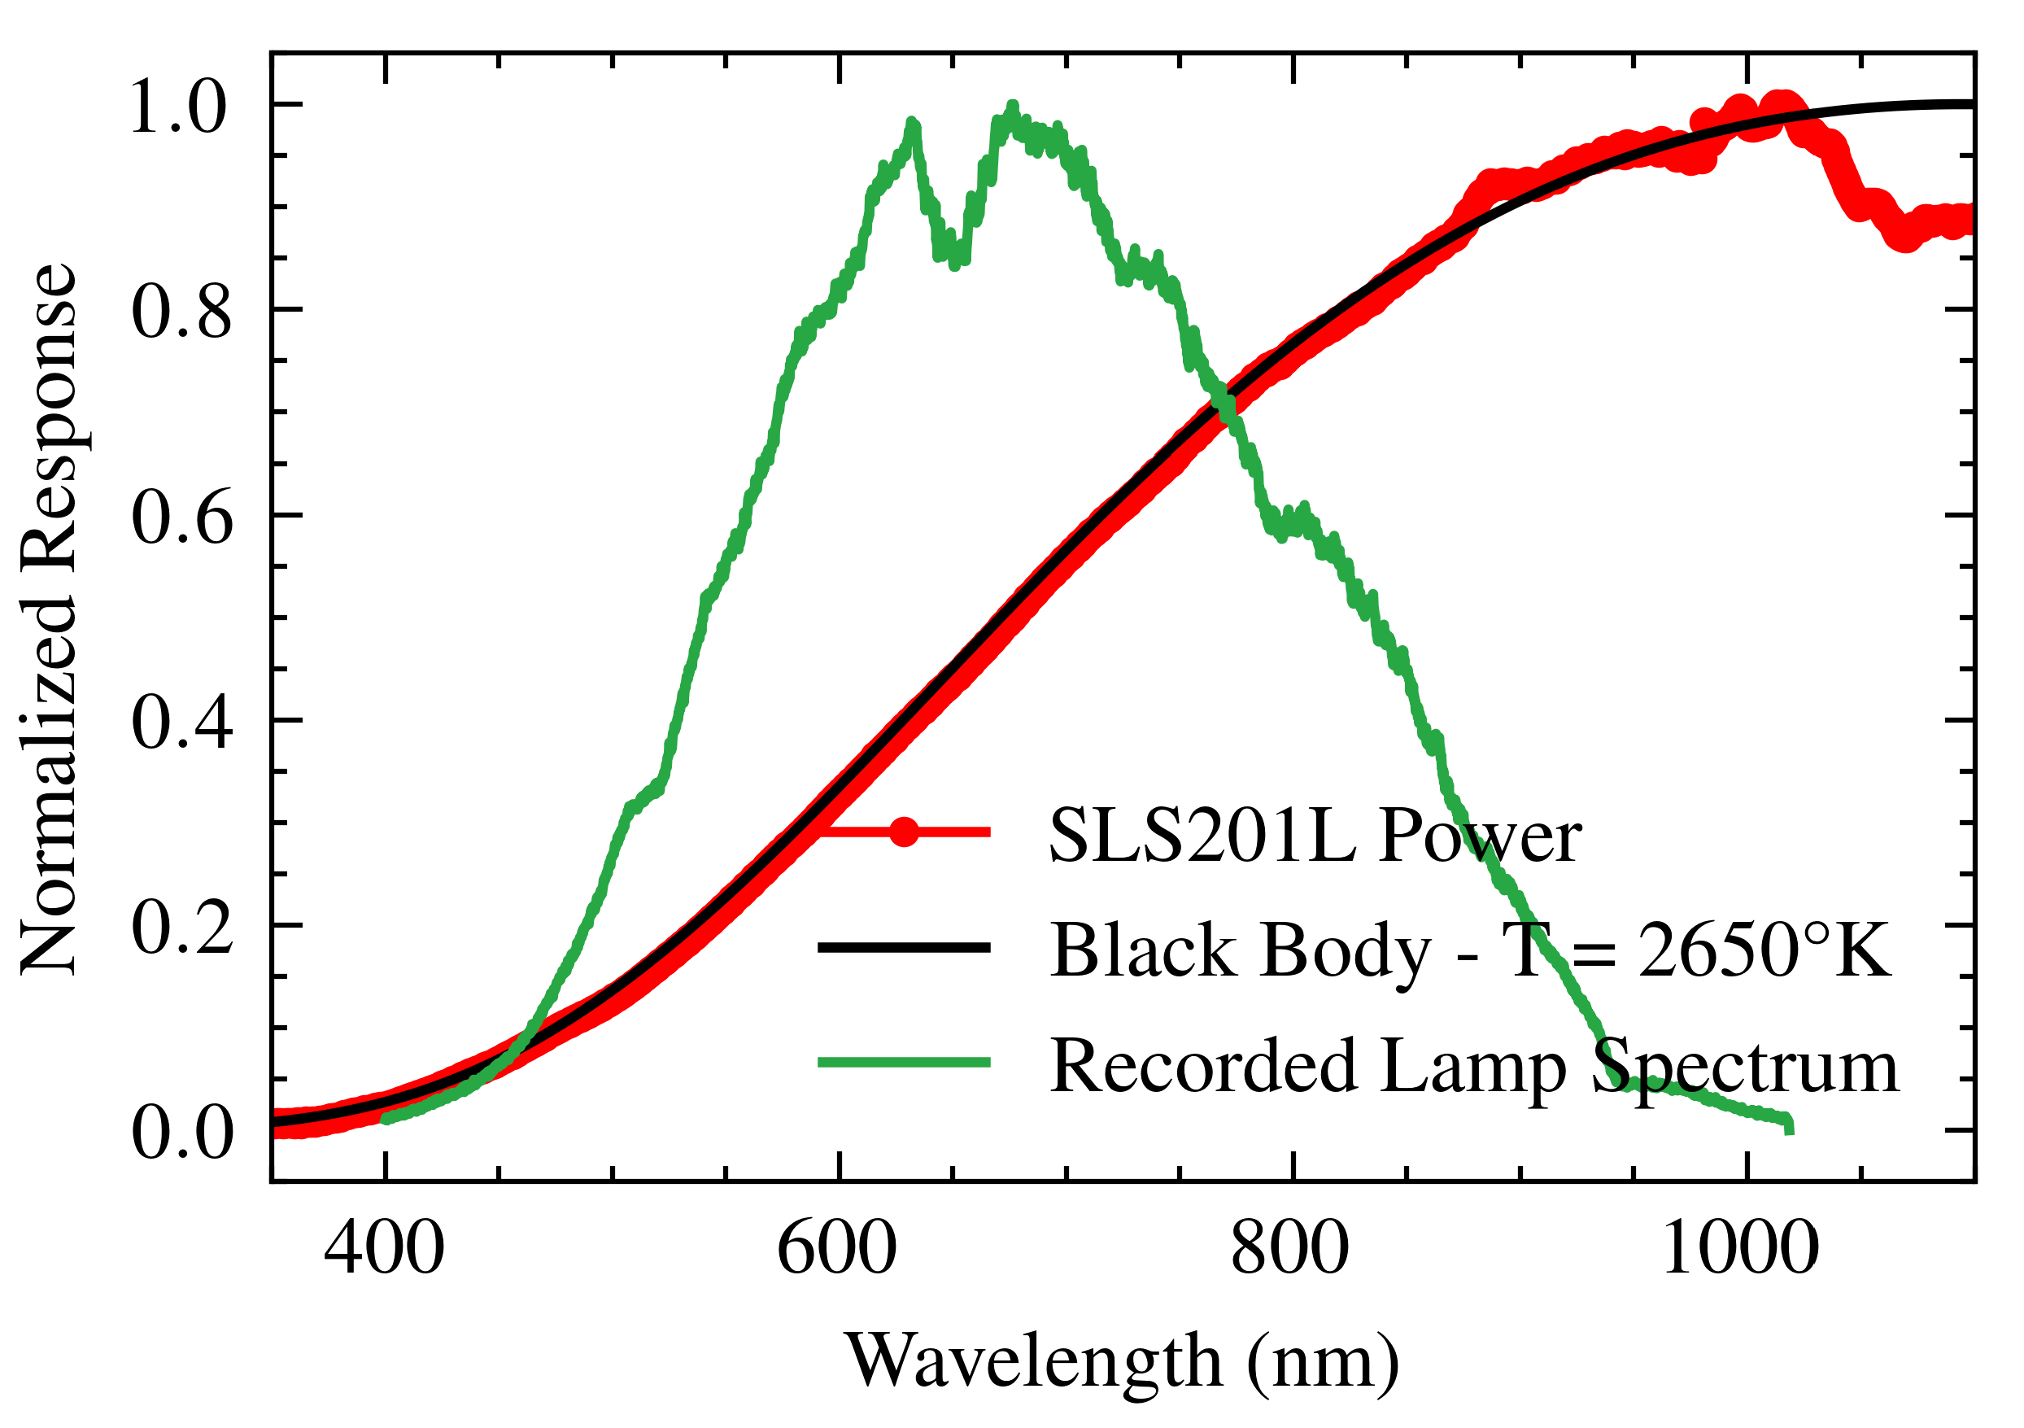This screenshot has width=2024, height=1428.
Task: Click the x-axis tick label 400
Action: point(383,1250)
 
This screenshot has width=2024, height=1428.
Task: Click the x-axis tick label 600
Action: point(836,1250)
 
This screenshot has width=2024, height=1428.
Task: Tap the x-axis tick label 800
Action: point(1289,1250)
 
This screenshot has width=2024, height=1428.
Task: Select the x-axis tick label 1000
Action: point(1741,1250)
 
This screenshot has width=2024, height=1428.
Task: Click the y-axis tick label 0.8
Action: point(181,312)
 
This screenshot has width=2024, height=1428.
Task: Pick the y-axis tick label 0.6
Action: point(181,517)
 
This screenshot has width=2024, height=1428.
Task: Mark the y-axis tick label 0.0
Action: point(181,1133)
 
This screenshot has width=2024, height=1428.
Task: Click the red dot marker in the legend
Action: point(904,832)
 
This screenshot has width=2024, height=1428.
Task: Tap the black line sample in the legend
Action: point(904,948)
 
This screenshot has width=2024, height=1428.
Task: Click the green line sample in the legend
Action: point(904,1062)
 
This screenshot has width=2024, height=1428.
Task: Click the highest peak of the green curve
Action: point(1012,107)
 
